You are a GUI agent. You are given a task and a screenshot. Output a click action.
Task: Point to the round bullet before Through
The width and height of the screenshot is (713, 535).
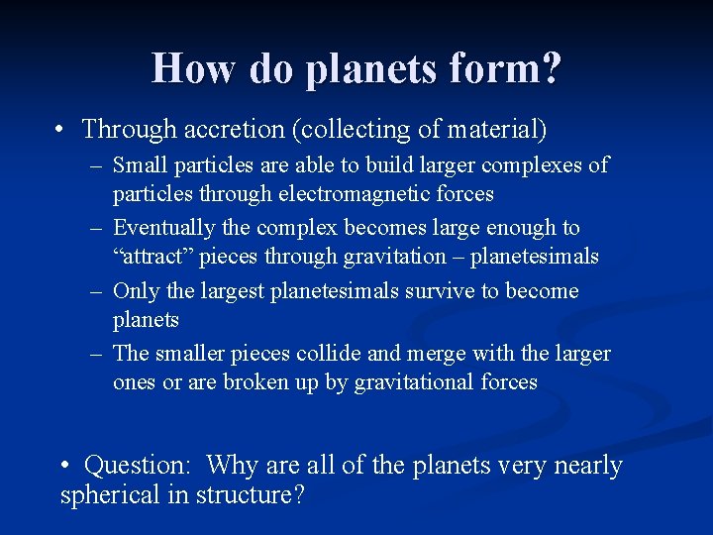[x=61, y=130]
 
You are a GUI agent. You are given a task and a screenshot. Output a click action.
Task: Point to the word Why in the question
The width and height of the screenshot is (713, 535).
[x=231, y=465]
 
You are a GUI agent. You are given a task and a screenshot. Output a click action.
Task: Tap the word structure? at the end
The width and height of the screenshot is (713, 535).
[x=255, y=494]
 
